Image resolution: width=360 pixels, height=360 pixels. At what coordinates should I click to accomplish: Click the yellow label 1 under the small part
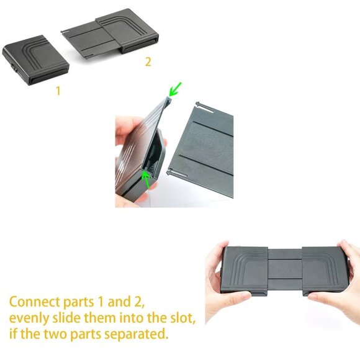pos(58,90)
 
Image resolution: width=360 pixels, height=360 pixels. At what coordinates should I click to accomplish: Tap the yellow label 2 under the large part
pos(148,61)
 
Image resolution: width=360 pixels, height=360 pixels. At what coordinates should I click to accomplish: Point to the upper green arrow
pos(176,89)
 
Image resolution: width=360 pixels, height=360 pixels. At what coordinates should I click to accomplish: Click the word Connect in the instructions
pos(34,302)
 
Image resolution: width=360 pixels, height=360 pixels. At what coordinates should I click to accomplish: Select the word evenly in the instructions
pos(30,318)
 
